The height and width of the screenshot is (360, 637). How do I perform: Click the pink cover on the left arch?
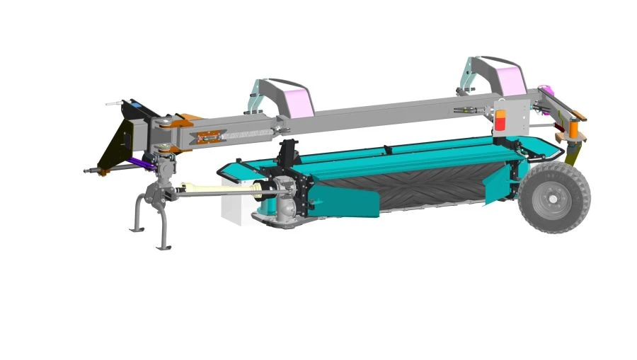click(297, 101)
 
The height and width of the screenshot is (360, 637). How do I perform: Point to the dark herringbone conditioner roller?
click(425, 184)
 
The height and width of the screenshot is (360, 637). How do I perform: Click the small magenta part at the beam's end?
click(546, 90)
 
